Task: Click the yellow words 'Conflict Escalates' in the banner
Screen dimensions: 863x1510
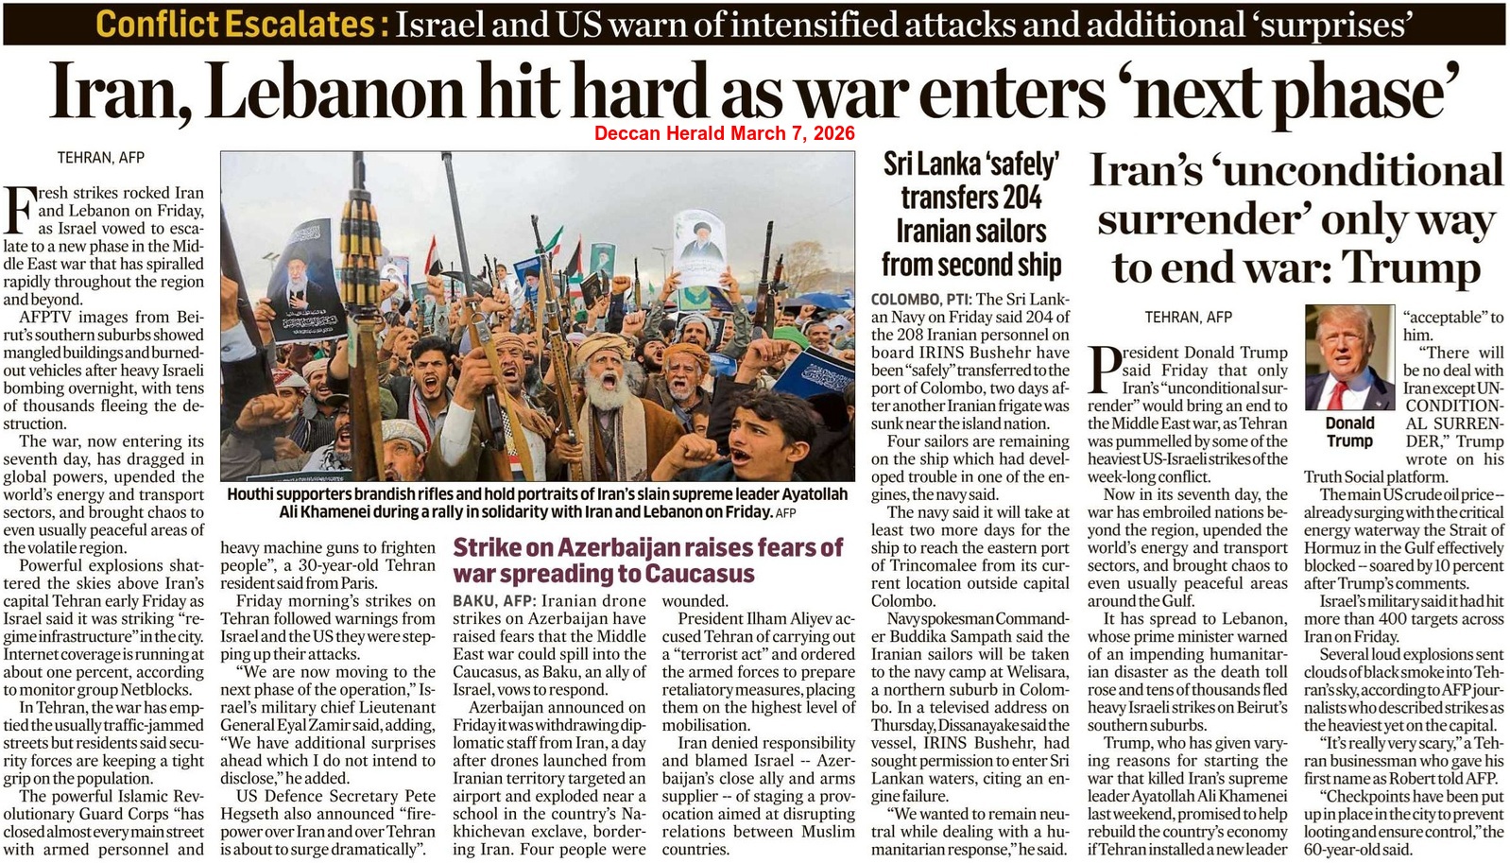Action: tap(242, 23)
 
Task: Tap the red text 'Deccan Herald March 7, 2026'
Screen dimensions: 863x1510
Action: tap(724, 133)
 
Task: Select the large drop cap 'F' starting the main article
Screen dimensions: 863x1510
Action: tap(18, 210)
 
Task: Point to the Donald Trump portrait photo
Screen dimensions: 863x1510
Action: tap(1348, 357)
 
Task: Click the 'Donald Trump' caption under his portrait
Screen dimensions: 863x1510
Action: tap(1349, 432)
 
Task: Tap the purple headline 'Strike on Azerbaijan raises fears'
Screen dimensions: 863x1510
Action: tap(648, 548)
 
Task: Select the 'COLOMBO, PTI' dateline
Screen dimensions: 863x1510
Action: tap(915, 299)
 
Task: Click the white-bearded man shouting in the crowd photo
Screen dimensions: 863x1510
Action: tap(601, 383)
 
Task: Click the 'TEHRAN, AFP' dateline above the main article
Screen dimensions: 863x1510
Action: tap(100, 157)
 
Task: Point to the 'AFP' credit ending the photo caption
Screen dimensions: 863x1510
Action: tap(785, 513)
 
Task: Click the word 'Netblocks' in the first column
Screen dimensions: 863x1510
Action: tap(165, 689)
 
